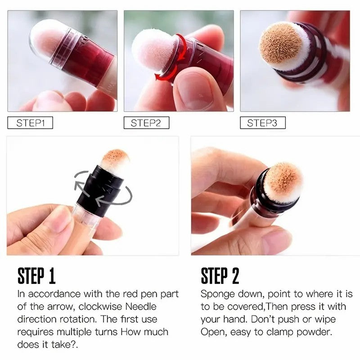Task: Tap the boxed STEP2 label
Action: (x=146, y=123)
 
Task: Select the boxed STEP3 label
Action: (x=262, y=123)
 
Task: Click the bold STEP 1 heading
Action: (x=36, y=276)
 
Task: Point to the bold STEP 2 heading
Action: (x=220, y=276)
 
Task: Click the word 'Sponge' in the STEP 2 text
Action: (x=218, y=294)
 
